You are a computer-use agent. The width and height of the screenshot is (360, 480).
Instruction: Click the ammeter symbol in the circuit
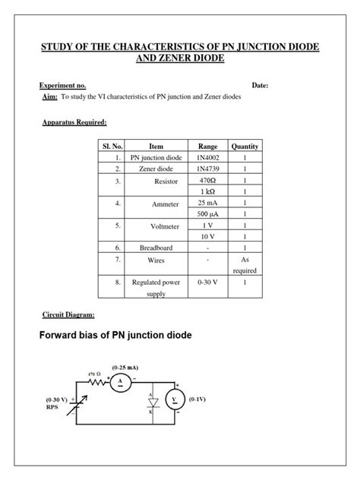click(x=120, y=384)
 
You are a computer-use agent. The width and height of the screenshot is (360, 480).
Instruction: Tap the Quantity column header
click(x=245, y=145)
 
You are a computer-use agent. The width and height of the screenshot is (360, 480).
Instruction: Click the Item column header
click(x=156, y=145)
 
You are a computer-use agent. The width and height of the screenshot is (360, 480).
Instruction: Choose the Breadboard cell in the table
click(x=156, y=248)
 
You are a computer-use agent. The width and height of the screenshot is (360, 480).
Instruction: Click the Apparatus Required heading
click(x=74, y=122)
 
